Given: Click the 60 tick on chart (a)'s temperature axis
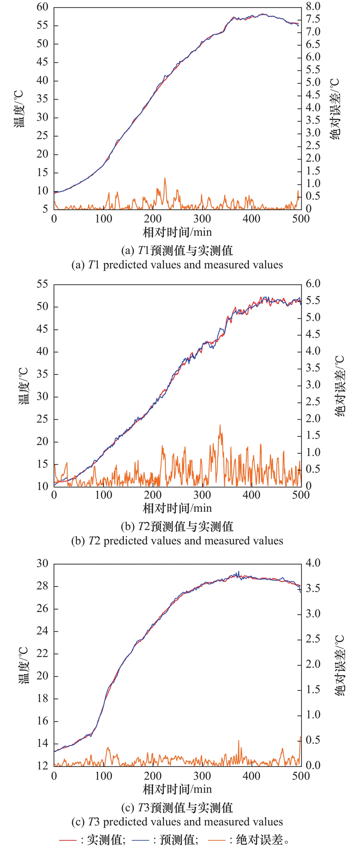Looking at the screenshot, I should [42, 7].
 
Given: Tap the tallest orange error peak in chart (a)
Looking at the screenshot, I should [165, 179].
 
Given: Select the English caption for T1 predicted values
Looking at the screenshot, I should [177, 265].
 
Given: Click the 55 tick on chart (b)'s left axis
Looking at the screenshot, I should [42, 284].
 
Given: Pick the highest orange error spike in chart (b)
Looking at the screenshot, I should [220, 425].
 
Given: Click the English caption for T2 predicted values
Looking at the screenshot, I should [177, 541].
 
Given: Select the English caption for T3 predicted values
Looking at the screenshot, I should [177, 822].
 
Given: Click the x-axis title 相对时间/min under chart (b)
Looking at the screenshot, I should [177, 508].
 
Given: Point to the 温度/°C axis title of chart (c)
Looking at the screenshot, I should [23, 665].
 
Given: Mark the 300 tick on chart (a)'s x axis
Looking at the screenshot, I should [202, 219].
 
